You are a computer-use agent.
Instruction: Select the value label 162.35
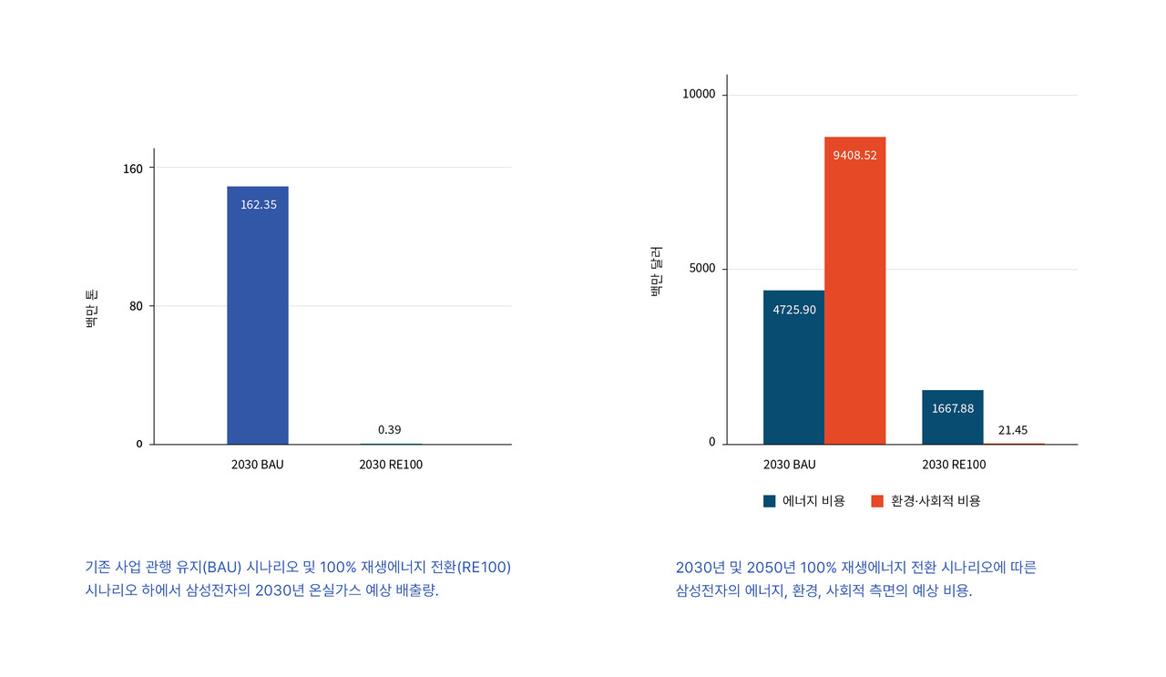258,204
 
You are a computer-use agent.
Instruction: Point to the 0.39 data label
389,429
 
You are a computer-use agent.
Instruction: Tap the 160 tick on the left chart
133,168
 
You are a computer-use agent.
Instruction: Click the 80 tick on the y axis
136,306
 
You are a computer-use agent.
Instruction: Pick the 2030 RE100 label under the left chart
391,465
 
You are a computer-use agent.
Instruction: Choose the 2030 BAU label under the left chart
258,465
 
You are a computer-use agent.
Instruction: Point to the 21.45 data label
1013,430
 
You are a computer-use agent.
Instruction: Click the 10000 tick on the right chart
700,96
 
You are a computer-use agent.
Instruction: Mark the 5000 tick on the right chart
702,269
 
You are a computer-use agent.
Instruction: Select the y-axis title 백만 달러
657,271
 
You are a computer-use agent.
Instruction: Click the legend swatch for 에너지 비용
770,501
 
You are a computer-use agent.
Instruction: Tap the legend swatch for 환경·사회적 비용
877,501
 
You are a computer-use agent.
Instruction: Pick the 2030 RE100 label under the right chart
954,465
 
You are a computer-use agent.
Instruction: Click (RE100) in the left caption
484,567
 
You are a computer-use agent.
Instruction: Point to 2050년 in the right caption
762,567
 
